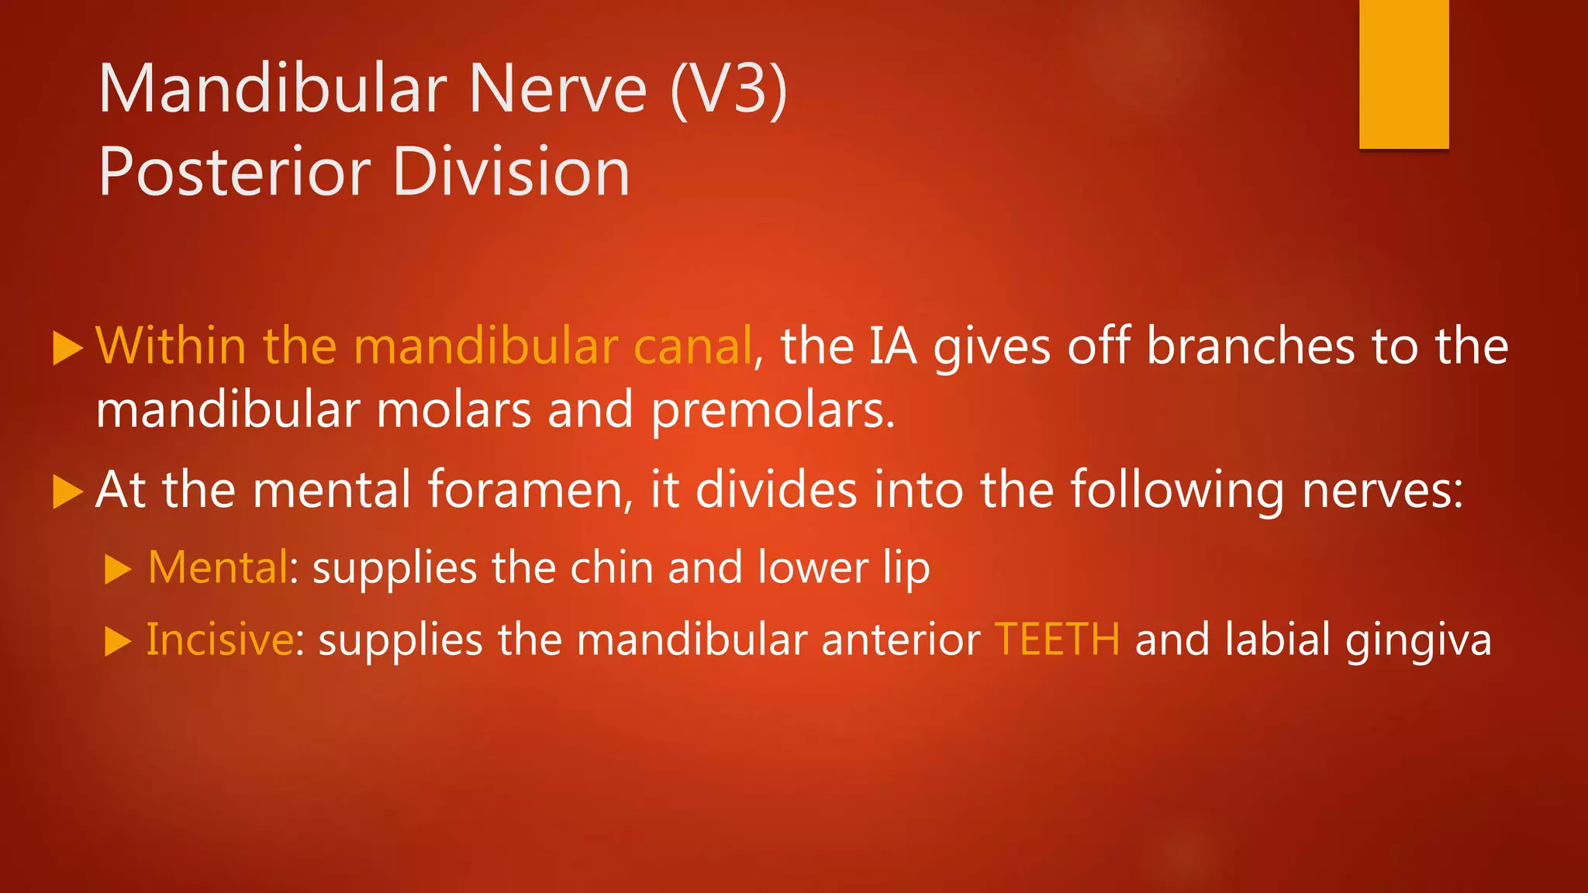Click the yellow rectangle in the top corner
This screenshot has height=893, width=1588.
[1403, 74]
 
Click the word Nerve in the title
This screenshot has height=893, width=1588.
[558, 89]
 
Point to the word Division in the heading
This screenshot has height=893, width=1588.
[511, 172]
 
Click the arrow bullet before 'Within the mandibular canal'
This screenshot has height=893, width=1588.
[67, 347]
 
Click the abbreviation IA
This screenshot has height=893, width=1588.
[892, 346]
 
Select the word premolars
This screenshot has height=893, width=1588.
[772, 410]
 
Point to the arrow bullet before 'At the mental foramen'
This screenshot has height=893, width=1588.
[67, 491]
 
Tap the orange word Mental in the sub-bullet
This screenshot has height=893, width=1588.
[218, 567]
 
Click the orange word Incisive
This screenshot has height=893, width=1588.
[220, 640]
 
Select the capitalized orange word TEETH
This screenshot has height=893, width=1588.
[1057, 640]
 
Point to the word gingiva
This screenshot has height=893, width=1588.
[1418, 641]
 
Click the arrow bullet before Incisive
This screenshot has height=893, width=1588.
[118, 641]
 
